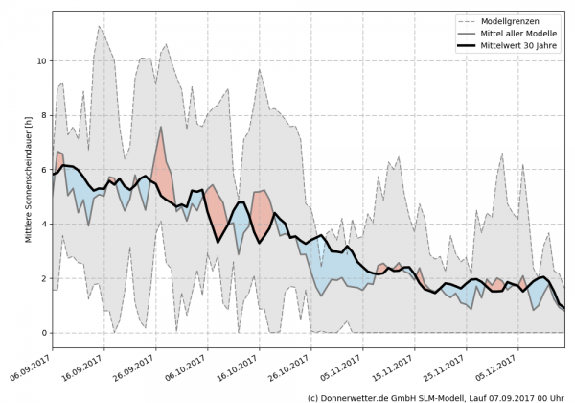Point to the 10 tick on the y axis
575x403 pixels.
(x=40, y=60)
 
